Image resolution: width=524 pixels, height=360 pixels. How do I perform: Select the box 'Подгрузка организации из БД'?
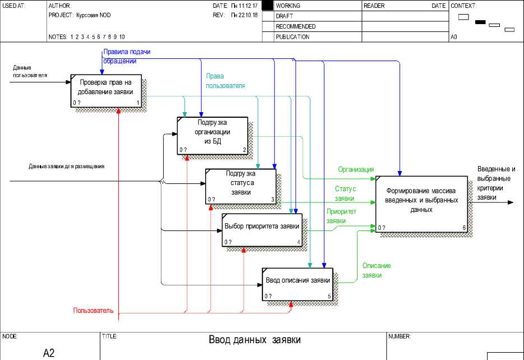212,135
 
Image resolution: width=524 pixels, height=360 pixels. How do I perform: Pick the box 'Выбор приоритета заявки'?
262,229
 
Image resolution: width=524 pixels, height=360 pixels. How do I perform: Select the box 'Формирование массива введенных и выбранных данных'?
421,203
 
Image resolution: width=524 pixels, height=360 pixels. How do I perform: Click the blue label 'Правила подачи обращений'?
127,56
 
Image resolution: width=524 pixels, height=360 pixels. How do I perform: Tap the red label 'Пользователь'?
93,310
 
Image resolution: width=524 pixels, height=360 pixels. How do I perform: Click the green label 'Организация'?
356,169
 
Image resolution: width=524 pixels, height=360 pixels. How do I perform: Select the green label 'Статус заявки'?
345,193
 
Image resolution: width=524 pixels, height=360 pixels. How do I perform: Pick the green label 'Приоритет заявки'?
341,216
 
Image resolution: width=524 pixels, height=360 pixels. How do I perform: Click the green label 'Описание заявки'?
376,270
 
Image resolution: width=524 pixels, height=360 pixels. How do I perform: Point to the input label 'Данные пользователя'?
30,71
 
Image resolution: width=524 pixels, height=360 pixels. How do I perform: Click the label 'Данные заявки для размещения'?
67,167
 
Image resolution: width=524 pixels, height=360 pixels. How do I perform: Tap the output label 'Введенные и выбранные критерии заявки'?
496,183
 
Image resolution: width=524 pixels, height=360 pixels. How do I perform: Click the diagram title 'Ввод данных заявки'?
254,340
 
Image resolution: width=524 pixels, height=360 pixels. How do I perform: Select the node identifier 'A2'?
49,353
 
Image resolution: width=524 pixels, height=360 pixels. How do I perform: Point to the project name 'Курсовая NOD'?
96,16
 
